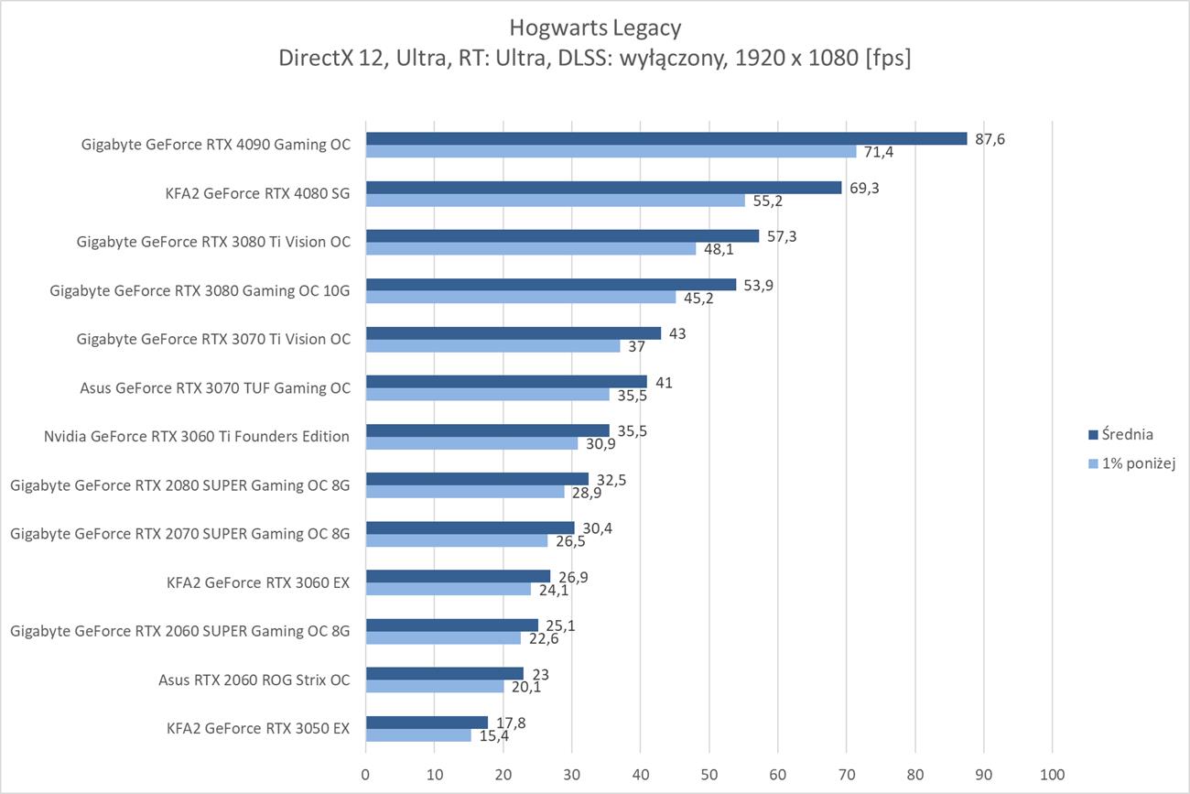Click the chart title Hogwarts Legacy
[595, 27]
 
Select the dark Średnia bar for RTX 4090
[666, 138]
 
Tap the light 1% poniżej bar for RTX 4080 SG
[556, 201]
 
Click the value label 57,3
[783, 235]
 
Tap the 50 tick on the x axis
[709, 775]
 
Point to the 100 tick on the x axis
[1052, 775]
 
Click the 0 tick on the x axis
[366, 775]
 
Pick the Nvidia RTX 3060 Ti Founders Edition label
[197, 436]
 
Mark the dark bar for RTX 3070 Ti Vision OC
[514, 333]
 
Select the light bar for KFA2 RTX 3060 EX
[449, 589]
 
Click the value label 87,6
[990, 138]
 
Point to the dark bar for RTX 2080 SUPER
[477, 479]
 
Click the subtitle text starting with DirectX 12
[595, 59]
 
